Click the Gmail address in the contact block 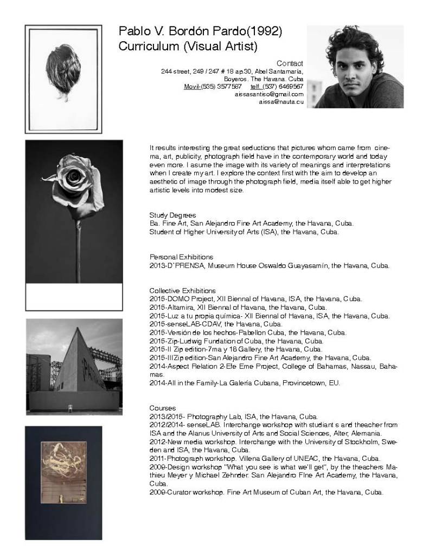(268, 94)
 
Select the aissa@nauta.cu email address (281, 102)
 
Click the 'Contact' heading (290, 63)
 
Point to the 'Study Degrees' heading (172, 215)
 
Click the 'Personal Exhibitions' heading (181, 257)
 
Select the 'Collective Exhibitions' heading (182, 291)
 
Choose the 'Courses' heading (162, 407)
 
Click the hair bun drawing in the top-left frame (63, 74)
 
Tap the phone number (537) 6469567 (283, 86)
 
